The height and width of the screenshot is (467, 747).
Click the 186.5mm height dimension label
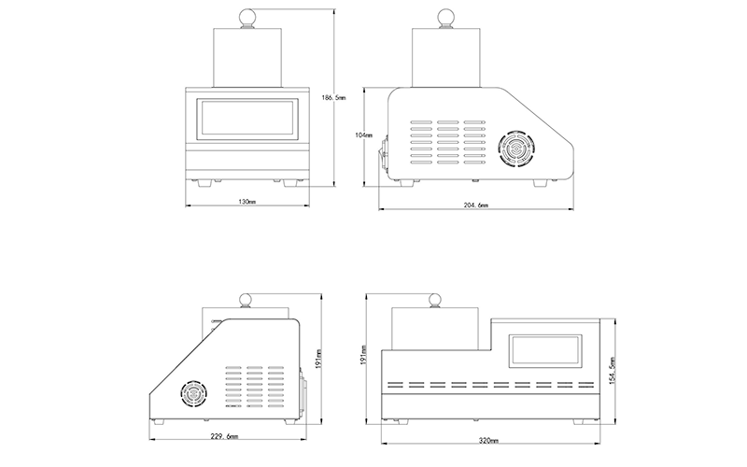tap(334, 98)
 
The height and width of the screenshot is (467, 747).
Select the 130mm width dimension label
tap(247, 202)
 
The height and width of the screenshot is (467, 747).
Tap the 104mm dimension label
tap(364, 135)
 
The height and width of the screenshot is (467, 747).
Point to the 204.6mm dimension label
tap(476, 205)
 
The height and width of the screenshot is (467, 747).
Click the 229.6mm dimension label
tap(224, 436)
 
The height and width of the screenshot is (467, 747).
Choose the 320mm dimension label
tap(488, 441)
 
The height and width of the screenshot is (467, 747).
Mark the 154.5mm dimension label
tap(613, 371)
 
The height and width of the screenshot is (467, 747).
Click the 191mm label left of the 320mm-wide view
tap(364, 355)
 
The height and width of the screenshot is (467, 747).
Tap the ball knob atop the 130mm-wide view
tap(247, 16)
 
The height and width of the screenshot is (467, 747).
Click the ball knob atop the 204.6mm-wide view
tap(446, 16)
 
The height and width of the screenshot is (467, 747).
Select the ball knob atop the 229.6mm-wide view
tap(246, 301)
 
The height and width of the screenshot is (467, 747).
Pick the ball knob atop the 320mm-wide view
tap(435, 301)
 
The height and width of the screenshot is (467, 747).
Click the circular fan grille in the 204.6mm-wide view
tap(517, 149)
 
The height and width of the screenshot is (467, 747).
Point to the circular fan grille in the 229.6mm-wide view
tap(194, 394)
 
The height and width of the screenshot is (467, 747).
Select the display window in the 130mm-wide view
tap(247, 120)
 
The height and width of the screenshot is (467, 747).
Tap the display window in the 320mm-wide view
tap(545, 351)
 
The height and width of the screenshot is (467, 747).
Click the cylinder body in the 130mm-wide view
tap(247, 58)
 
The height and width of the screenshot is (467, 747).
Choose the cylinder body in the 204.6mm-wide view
tap(446, 58)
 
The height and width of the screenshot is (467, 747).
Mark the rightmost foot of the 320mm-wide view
tap(578, 422)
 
